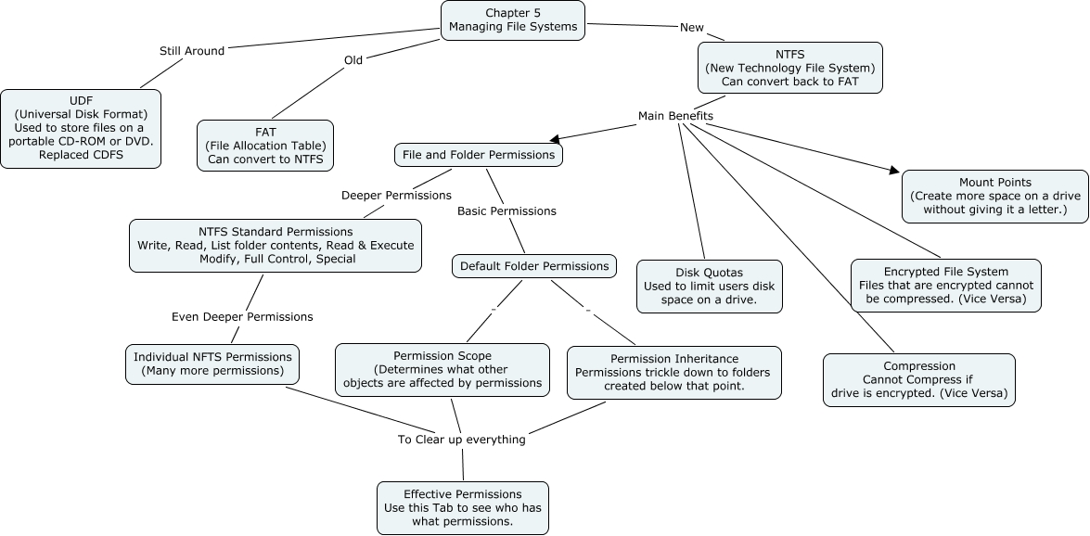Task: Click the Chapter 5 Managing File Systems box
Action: [x=513, y=20]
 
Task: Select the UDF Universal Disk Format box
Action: [x=81, y=129]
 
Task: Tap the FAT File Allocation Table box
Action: [x=264, y=146]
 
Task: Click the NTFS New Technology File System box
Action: [x=789, y=68]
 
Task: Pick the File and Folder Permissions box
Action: [x=479, y=155]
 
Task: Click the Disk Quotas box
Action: [x=709, y=287]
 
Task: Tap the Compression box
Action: [x=919, y=380]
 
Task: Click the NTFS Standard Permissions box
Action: [x=276, y=245]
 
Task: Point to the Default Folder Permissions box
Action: [x=534, y=266]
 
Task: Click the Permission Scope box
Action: [x=442, y=369]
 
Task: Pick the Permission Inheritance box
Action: [x=674, y=373]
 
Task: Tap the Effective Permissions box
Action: [x=462, y=507]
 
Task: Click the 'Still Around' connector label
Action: [x=192, y=51]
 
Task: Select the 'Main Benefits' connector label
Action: [x=675, y=116]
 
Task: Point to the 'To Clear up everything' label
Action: [x=462, y=440]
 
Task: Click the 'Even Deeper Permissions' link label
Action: [x=242, y=316]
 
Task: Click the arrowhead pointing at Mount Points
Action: [x=893, y=171]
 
